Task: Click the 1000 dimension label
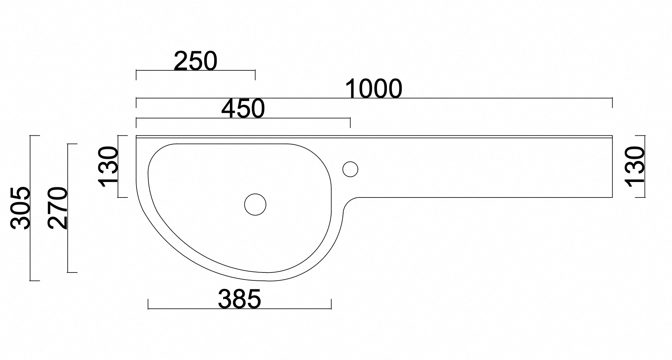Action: [x=373, y=89]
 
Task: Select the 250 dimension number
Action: [x=195, y=61]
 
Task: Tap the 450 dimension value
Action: [x=243, y=109]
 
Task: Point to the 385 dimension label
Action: [x=240, y=299]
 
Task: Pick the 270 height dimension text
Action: [x=57, y=208]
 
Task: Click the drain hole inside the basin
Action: [x=255, y=204]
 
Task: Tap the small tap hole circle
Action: [x=350, y=169]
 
